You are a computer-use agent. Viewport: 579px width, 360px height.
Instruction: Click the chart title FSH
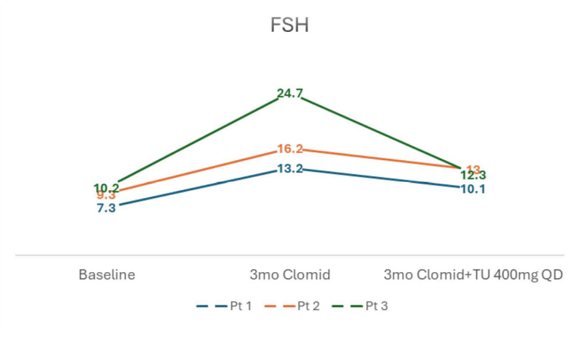[289, 26]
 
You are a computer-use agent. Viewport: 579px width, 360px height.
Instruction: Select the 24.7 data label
[289, 93]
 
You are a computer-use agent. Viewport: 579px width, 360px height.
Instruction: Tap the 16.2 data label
[289, 149]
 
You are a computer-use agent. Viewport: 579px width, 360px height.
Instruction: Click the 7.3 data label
[106, 208]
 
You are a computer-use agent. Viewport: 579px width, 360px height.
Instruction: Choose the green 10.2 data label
[107, 187]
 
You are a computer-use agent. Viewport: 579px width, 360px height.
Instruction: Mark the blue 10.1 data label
[473, 188]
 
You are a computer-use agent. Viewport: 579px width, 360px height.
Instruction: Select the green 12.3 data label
[473, 175]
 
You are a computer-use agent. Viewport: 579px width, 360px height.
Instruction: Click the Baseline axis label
[107, 275]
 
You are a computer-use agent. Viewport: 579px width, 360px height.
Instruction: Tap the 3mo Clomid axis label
[290, 275]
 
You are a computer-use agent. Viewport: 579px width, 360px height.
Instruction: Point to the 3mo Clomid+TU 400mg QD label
[473, 275]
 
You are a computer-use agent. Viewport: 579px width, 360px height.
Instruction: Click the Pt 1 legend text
[240, 306]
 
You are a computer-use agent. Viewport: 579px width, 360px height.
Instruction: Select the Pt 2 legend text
[308, 306]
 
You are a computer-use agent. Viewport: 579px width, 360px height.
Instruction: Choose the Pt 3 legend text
[376, 306]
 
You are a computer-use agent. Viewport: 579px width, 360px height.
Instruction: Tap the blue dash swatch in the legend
[211, 306]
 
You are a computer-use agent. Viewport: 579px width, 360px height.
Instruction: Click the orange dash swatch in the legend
[279, 306]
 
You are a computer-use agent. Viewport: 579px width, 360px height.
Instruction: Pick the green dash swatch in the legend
[347, 306]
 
